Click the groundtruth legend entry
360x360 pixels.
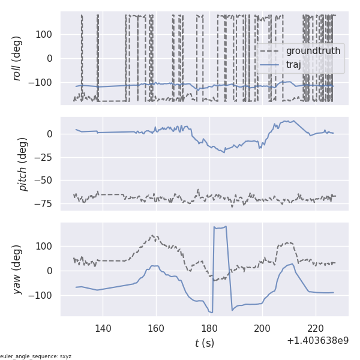[313, 51]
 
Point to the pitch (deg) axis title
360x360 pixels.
[23, 164]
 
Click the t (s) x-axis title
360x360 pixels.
[204, 343]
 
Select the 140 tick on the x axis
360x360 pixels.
[103, 328]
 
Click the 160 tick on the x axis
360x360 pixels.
[156, 328]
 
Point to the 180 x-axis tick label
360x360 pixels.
[209, 328]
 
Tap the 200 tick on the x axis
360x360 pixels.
[262, 328]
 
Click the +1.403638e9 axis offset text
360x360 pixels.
[317, 340]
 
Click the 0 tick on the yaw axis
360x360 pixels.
[50, 271]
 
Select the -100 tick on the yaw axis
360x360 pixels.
[41, 295]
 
